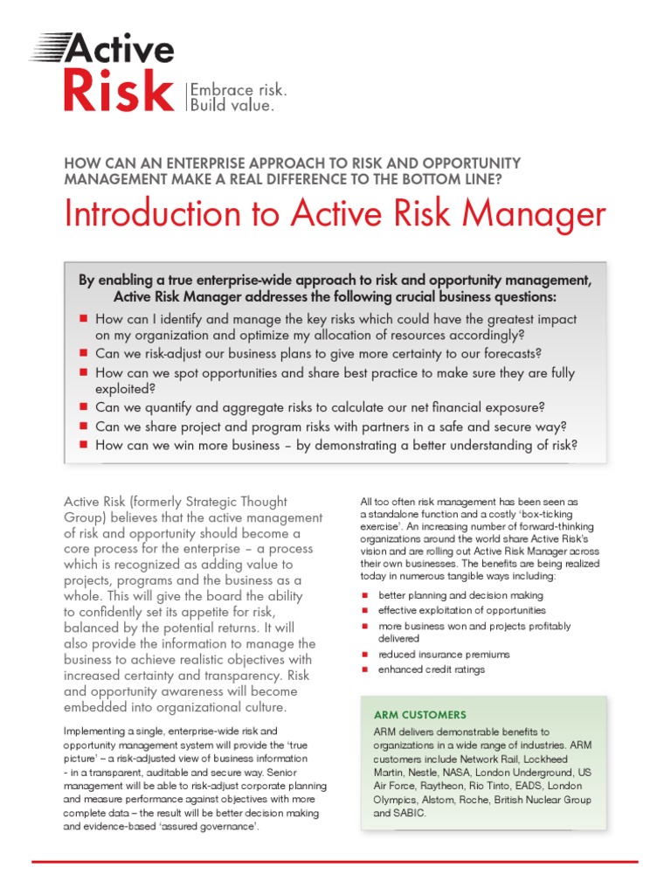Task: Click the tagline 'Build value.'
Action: coord(232,106)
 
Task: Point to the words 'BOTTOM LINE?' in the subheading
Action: coord(454,179)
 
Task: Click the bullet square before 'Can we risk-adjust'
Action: coord(84,353)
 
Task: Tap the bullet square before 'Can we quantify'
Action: coord(84,407)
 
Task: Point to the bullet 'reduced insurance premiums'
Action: coord(444,654)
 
